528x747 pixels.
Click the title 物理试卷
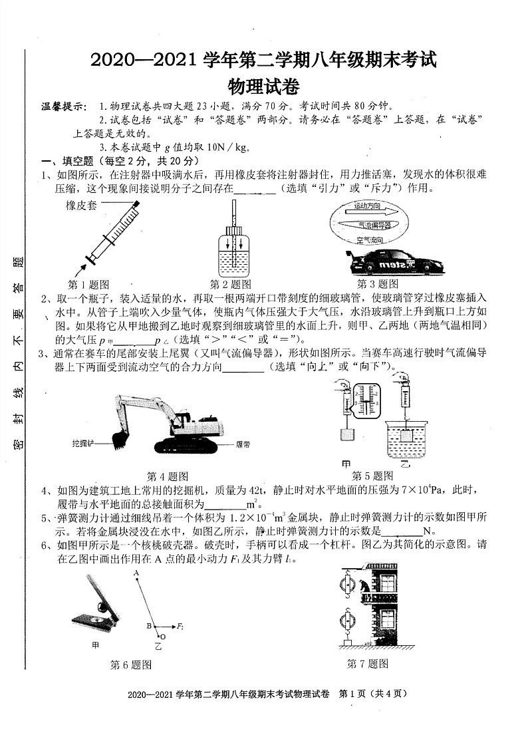(263, 87)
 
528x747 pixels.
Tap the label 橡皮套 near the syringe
(81, 206)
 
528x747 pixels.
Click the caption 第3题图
(378, 283)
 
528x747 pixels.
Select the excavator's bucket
(120, 438)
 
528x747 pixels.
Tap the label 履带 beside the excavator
(243, 444)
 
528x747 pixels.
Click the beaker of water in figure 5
(406, 432)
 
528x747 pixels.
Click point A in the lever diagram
(136, 573)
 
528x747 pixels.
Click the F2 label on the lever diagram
(180, 626)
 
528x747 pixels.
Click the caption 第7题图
(367, 664)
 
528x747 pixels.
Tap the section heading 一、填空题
(69, 162)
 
